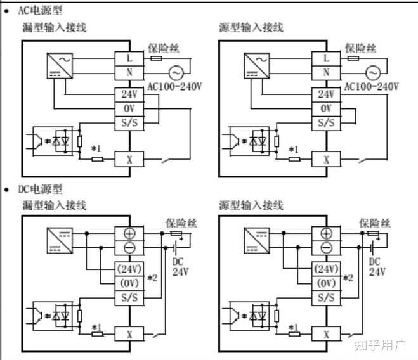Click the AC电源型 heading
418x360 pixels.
coord(40,11)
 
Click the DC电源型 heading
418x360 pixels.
coord(40,190)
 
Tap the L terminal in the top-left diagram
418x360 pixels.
coord(129,58)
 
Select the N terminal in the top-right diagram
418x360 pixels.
coord(326,73)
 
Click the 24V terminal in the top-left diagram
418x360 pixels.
coord(129,94)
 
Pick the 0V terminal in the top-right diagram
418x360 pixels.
coord(326,109)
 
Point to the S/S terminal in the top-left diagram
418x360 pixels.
coord(129,123)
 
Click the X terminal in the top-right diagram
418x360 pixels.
coord(326,159)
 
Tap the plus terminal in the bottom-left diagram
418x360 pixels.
coord(129,234)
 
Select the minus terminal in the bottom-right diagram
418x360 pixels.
coord(326,248)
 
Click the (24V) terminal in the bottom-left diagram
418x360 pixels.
coord(129,269)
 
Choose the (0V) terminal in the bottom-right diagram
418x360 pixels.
coord(326,283)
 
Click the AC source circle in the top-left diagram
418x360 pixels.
coord(176,73)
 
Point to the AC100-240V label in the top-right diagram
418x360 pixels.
coord(371,87)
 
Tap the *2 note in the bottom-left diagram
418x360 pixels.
coord(153,278)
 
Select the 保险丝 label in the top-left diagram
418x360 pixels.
coord(164,49)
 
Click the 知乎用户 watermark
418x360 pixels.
coord(381,345)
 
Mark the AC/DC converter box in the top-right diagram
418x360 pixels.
coord(257,66)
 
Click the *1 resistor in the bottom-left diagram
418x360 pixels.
coord(98,334)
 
